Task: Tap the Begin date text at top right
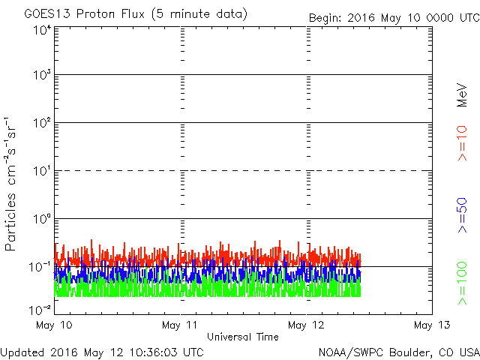[x=394, y=18]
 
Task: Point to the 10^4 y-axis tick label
[x=43, y=31]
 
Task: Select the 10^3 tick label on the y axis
[x=43, y=74]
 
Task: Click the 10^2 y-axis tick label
[x=43, y=122]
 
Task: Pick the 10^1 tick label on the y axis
[x=43, y=170]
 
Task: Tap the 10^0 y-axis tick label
[x=43, y=218]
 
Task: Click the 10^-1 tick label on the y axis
[x=40, y=267]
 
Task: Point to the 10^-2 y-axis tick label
[x=40, y=310]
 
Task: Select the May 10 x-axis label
[x=54, y=325]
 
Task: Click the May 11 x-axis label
[x=180, y=325]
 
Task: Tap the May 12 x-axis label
[x=306, y=325]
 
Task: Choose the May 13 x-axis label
[x=432, y=325]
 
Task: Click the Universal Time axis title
[x=243, y=337]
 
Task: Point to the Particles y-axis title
[x=10, y=222]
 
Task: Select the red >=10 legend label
[x=462, y=143]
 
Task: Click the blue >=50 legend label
[x=462, y=215]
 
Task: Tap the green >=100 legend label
[x=462, y=283]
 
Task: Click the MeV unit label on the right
[x=462, y=95]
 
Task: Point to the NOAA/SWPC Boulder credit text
[x=399, y=352]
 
